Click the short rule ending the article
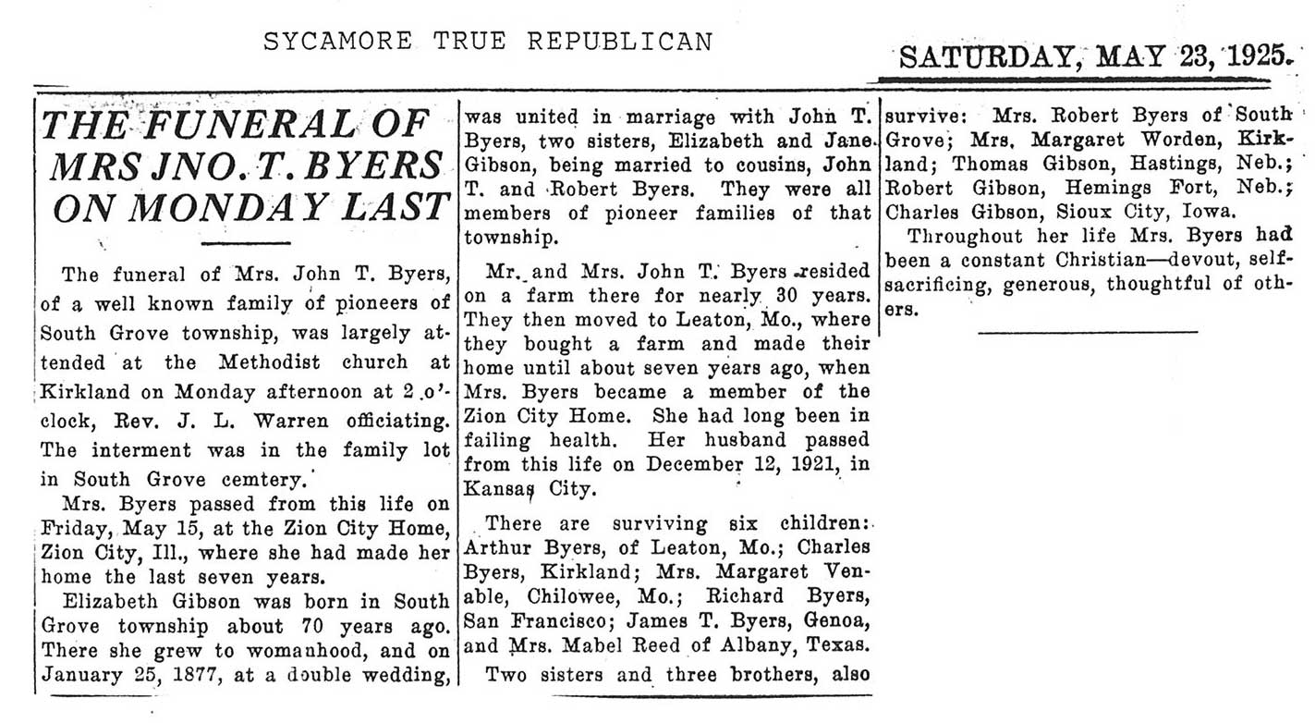tap(1087, 330)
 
